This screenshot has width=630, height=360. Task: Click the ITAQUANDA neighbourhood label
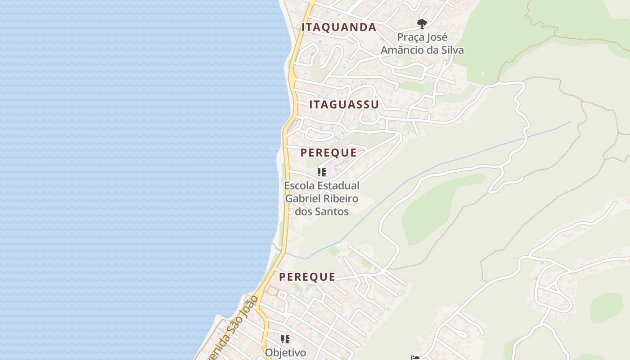tap(338, 27)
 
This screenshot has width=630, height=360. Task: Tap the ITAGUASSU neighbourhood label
tap(344, 105)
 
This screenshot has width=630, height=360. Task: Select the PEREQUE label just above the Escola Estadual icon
tap(328, 153)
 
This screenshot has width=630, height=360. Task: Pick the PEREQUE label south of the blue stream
tap(307, 277)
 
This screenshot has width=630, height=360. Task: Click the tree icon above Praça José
tap(422, 23)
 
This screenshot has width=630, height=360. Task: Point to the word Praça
tap(409, 37)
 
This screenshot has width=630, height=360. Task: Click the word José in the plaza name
tap(436, 37)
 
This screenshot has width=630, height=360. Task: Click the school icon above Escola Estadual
tap(322, 172)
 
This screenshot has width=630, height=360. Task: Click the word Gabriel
tap(304, 198)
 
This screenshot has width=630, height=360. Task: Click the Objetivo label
tap(285, 352)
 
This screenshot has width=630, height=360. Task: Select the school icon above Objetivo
tap(285, 339)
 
